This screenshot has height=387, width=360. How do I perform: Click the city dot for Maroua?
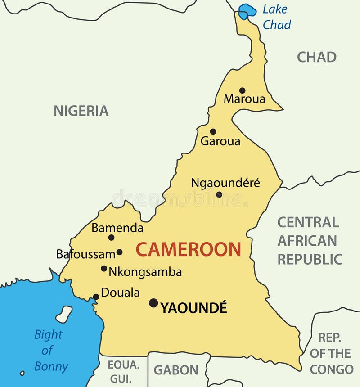(242, 90)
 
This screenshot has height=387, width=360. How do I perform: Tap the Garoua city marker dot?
(213, 132)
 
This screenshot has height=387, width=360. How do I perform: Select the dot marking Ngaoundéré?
(219, 194)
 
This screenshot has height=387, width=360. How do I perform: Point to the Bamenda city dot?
(111, 238)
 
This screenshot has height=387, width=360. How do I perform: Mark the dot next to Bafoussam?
(119, 252)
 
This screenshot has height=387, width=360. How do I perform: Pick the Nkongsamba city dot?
(104, 269)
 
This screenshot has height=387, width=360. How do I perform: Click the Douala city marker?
(96, 297)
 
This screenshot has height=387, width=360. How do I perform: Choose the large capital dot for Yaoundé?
(153, 303)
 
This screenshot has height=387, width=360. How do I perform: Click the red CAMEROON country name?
(189, 249)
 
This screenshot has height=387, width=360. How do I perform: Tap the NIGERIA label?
(81, 111)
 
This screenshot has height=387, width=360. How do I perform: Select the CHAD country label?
(317, 57)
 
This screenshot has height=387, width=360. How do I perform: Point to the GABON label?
(176, 370)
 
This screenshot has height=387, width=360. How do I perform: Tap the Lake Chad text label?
(276, 17)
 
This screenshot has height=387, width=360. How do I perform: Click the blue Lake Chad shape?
(247, 11)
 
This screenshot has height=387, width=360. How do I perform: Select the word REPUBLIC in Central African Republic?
(310, 259)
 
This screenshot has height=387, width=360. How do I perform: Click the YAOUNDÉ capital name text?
(194, 308)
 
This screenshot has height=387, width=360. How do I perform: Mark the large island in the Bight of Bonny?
(64, 314)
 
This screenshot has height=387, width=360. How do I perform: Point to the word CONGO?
(332, 369)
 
